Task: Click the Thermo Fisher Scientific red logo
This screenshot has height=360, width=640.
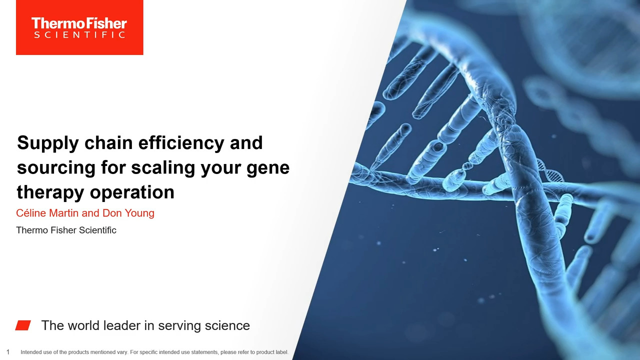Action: coord(79,27)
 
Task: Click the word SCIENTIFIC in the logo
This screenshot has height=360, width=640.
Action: coord(79,35)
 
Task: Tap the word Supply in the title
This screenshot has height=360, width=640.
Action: coord(47,143)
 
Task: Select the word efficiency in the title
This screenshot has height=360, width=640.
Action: coord(181,142)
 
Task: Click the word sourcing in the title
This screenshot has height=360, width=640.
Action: coord(56,168)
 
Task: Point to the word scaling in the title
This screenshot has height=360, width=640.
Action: coord(163,167)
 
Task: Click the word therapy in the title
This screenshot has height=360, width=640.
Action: coord(51,192)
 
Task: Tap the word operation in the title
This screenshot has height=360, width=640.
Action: coord(132,192)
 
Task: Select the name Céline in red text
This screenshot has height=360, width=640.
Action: coord(31,213)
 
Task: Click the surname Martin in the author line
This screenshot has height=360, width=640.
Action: coord(64,213)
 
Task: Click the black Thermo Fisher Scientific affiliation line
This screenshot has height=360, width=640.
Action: coord(66,230)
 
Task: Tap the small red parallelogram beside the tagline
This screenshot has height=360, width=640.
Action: coord(23,325)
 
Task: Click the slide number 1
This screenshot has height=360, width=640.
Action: coord(8,352)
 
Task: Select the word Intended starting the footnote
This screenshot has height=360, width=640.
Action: coord(30,352)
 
